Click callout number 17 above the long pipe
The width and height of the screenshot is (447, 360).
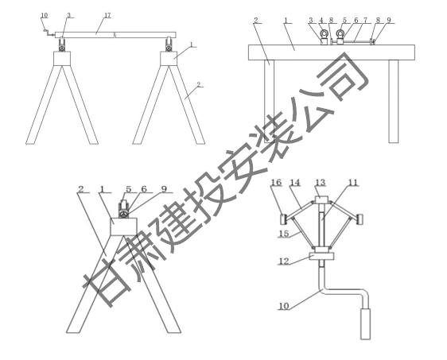[x=107, y=15]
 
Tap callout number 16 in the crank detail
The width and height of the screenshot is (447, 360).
[x=276, y=182]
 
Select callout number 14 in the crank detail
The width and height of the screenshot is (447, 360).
[x=295, y=182]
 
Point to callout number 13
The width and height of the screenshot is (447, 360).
[x=321, y=182]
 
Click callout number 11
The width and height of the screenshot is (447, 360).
[x=353, y=182]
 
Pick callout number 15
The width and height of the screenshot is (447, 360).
[x=284, y=234]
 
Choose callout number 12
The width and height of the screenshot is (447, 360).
[x=284, y=261]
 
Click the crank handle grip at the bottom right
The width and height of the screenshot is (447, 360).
[x=365, y=323]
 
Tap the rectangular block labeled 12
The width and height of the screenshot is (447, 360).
[x=321, y=256]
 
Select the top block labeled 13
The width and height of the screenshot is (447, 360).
[x=321, y=200]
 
